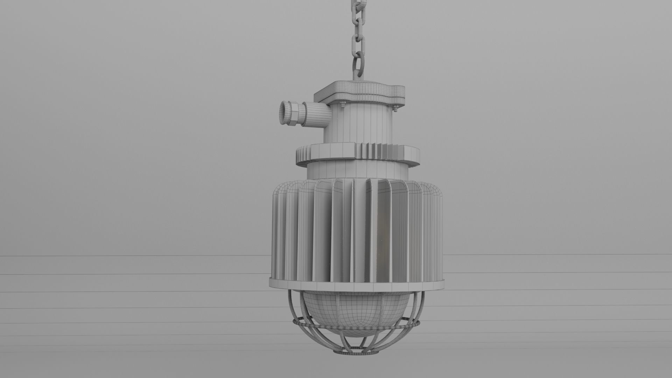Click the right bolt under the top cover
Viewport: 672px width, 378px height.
pos(396,108)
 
